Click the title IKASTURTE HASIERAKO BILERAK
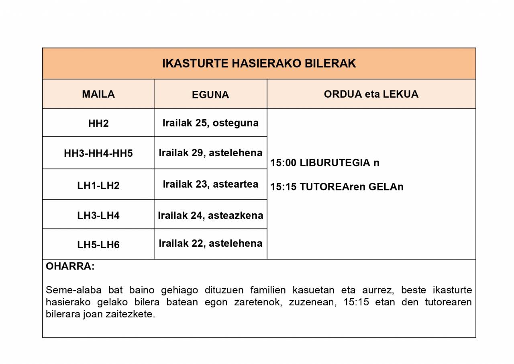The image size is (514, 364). click(259, 63)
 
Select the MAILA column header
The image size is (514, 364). click(98, 94)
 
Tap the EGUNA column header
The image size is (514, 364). click(210, 95)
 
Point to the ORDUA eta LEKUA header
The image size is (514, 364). click(371, 94)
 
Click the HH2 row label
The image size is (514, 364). click(98, 123)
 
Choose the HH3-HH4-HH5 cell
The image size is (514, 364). click(98, 153)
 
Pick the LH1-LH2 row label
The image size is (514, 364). click(98, 186)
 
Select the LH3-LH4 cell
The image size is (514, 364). click(98, 215)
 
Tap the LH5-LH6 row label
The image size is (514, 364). click(98, 245)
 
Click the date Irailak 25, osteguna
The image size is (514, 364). click(210, 123)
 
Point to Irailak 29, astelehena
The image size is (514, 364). click(210, 153)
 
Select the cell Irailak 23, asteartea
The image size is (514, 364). click(210, 184)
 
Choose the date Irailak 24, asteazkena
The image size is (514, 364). click(210, 215)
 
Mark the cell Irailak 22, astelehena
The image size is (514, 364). click(210, 243)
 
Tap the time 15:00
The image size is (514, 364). click(283, 163)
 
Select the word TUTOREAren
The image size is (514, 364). click(332, 187)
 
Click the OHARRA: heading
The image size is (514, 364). click(70, 266)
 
